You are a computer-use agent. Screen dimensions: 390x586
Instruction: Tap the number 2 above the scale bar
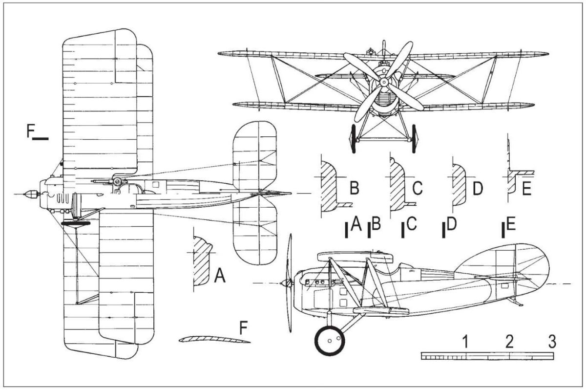(509, 341)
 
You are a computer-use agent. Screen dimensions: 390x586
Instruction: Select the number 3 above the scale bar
(551, 341)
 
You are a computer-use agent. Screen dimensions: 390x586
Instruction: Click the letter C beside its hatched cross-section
(417, 187)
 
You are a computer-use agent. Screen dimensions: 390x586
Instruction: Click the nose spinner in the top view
(30, 194)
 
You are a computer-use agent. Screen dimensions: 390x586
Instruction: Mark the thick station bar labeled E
(503, 230)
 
